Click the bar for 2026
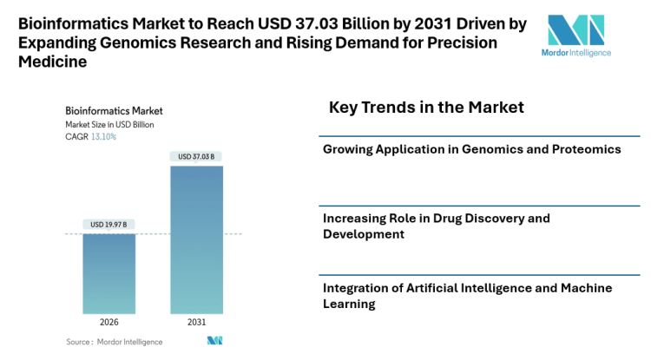[x=109, y=273]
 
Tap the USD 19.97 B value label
[x=109, y=225]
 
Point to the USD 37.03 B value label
[x=196, y=156]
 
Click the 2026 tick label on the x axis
[x=109, y=322]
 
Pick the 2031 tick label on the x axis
[x=196, y=322]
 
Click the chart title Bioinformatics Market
[x=114, y=111]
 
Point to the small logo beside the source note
[x=214, y=341]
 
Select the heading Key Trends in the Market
[x=426, y=108]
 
